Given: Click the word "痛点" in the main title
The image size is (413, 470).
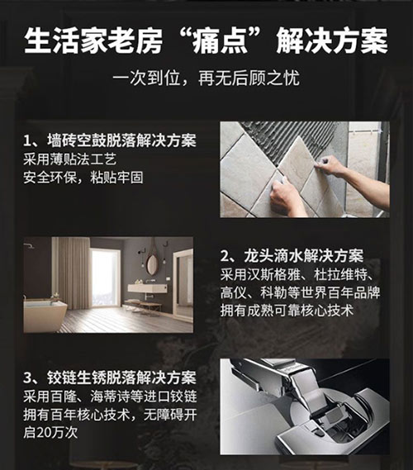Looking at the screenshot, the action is click(221, 41).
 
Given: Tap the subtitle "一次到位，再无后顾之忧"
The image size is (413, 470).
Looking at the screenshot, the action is click(206, 78).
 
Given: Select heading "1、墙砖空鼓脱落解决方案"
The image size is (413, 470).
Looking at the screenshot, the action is click(110, 140).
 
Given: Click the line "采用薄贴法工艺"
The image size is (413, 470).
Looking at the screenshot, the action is click(70, 159).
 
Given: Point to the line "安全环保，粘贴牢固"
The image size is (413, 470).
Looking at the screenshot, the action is click(83, 178).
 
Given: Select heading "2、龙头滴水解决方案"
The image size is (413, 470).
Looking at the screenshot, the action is click(292, 256).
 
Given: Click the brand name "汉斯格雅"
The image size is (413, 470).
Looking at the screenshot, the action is click(273, 274).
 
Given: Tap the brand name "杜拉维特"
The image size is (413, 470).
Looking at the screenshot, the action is click(340, 274).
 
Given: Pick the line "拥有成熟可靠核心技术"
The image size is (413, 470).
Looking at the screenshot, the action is click(287, 311).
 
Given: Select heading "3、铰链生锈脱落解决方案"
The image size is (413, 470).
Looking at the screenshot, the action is click(110, 378).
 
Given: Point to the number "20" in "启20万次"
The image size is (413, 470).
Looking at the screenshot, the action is click(44, 433).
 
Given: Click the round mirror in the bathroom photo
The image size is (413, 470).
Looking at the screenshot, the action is click(152, 264).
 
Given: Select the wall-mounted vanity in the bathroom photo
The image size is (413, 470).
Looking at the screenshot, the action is click(148, 288).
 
